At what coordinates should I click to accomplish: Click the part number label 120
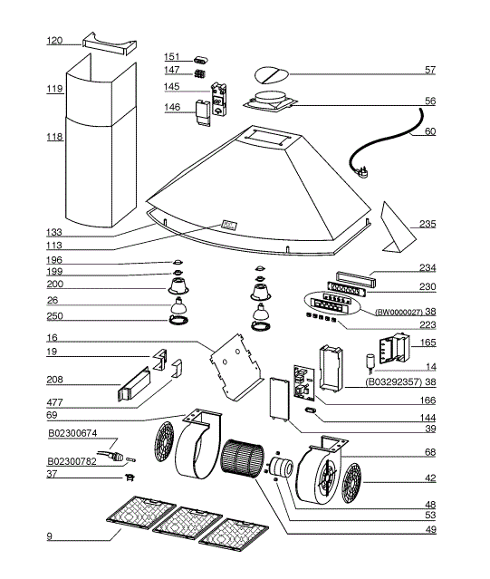click(54, 41)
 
